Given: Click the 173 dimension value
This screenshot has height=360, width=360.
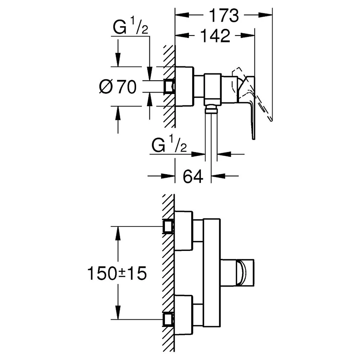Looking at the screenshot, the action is tap(224, 15).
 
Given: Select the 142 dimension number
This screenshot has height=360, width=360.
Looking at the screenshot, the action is tap(215, 36).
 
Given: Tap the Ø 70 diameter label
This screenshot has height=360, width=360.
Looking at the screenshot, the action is tap(118, 87).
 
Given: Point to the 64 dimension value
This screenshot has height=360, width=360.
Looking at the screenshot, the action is tap(193, 176).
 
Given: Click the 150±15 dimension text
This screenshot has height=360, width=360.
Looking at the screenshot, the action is tap(117, 274).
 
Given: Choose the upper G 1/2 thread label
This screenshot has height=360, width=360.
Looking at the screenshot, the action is tap(130, 27).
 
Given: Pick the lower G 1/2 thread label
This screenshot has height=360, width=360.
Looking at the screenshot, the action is tap(169, 144).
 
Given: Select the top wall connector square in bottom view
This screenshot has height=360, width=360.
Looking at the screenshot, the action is tap(168, 226).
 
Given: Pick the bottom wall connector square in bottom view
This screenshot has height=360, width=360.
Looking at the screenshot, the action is tap(168, 319).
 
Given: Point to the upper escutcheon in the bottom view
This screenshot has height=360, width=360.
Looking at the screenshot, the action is tap(184, 231).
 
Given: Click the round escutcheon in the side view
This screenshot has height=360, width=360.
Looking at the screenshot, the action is tap(184, 86).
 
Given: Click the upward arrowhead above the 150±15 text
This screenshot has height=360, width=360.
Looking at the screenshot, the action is tap(118, 233).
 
